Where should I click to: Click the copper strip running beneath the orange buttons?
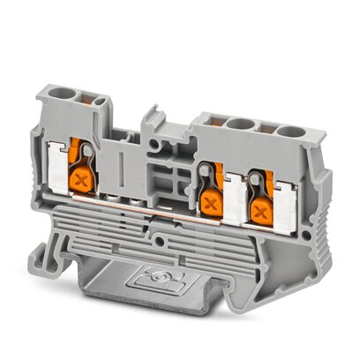pyautogui.click(x=176, y=221)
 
